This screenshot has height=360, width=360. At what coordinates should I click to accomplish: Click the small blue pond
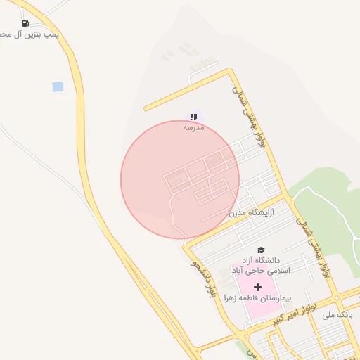(x=58, y=86)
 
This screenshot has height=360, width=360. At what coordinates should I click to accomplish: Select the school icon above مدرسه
(x=193, y=117)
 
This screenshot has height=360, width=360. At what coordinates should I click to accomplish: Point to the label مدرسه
(x=193, y=128)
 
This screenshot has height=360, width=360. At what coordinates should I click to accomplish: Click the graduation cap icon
(x=261, y=250)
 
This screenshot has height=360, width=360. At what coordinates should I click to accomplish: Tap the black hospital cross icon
(x=257, y=287)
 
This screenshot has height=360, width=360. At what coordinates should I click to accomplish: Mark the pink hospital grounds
(x=243, y=309)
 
